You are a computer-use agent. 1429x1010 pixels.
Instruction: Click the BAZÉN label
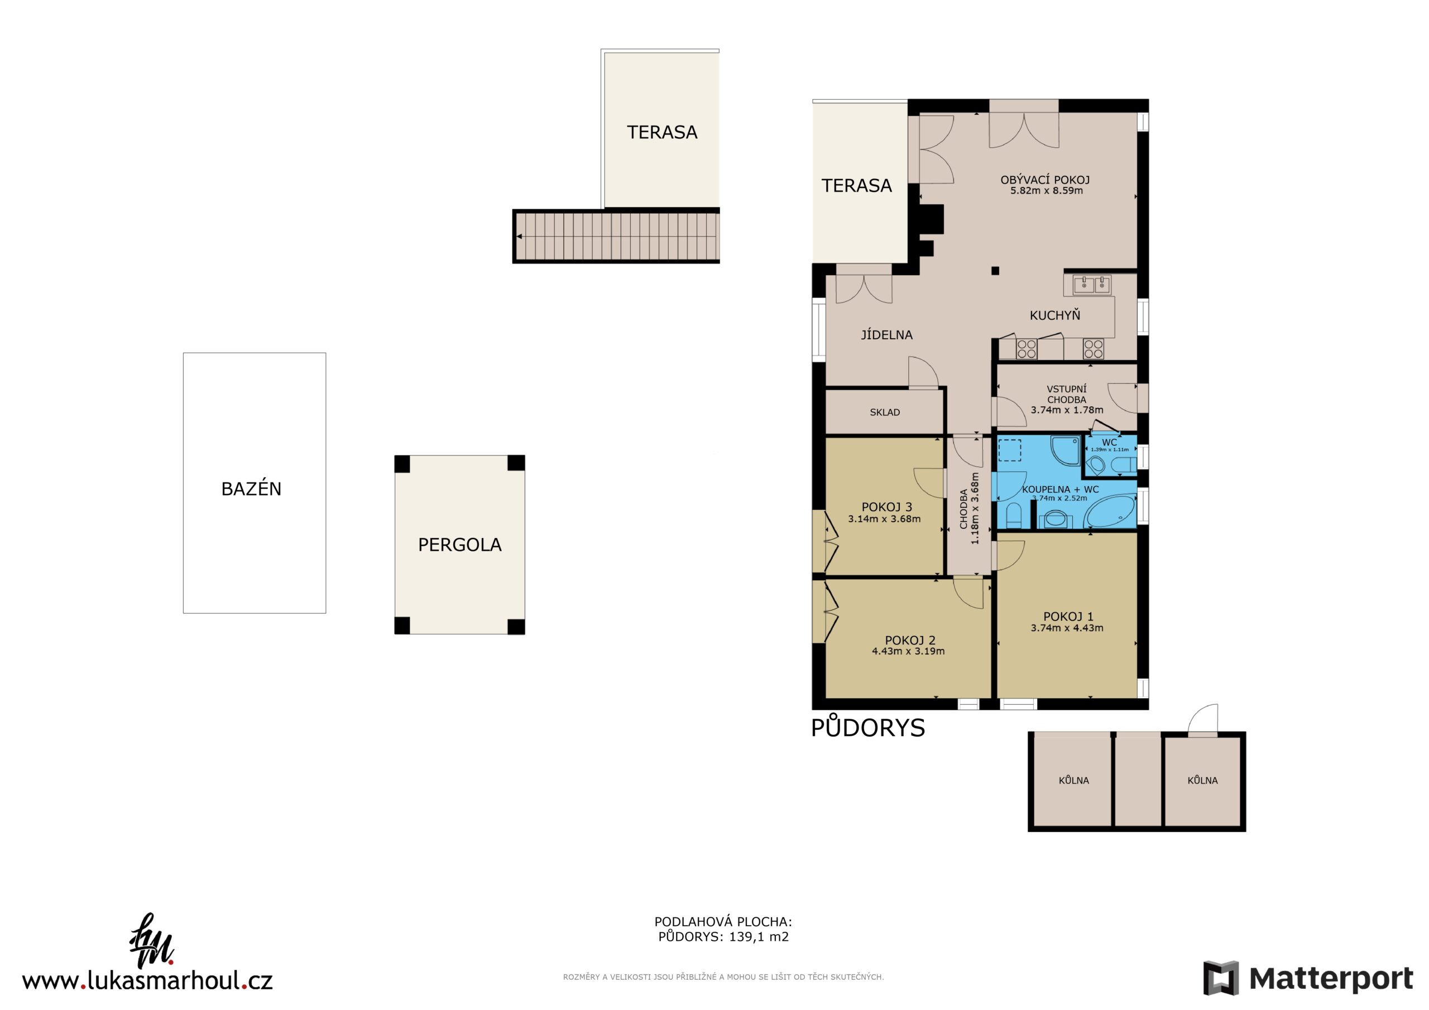click(251, 489)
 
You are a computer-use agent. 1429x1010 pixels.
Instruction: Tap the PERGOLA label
click(459, 545)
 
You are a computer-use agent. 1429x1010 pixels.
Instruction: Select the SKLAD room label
click(884, 412)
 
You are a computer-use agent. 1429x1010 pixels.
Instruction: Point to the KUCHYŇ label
click(1055, 315)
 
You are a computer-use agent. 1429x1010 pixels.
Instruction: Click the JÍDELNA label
click(887, 335)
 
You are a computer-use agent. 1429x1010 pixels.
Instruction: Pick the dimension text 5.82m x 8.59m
click(1046, 190)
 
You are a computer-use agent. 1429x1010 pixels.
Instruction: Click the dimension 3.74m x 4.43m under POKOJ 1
click(1067, 628)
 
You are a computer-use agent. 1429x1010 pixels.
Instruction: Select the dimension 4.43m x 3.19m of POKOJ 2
click(908, 651)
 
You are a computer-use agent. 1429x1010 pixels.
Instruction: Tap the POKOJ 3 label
click(886, 507)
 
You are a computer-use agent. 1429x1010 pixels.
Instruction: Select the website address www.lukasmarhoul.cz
click(147, 981)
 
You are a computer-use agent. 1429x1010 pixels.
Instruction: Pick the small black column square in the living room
click(995, 271)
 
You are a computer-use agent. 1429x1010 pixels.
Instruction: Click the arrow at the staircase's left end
click(519, 237)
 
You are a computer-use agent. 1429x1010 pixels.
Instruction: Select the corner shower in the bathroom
click(1066, 450)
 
